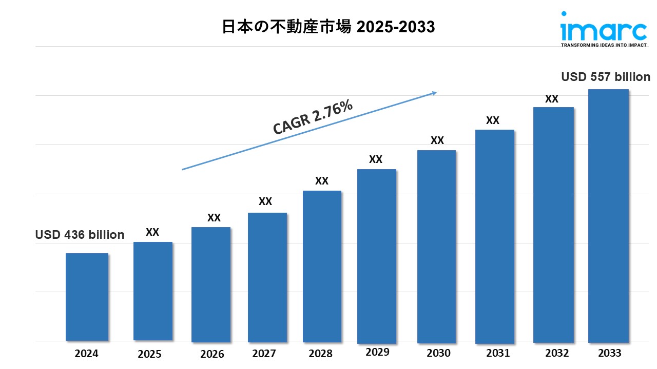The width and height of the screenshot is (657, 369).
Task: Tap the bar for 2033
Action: pos(608,215)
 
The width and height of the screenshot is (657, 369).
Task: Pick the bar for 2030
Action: pos(436,246)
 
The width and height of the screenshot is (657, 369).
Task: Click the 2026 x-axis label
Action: pos(212,354)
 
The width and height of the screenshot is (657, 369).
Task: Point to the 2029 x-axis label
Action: pos(377,352)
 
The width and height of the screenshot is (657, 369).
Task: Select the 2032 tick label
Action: pos(557,353)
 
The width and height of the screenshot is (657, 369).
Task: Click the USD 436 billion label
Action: pos(80,235)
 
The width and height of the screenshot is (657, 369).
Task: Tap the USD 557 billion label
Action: pos(606,77)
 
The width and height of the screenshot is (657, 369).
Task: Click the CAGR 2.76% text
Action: pos(313,117)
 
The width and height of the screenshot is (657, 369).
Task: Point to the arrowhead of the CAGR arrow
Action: pos(434,93)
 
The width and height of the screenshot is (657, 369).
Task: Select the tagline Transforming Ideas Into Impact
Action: pos(603,45)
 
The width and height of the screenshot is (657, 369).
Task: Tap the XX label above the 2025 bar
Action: pos(152,232)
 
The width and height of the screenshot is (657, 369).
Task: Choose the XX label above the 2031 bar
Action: pos(492,120)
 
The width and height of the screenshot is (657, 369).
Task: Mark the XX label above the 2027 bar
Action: pos(265,201)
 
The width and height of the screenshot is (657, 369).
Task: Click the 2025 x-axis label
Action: pos(149,354)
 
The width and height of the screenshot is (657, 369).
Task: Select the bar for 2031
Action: pos(494,236)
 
